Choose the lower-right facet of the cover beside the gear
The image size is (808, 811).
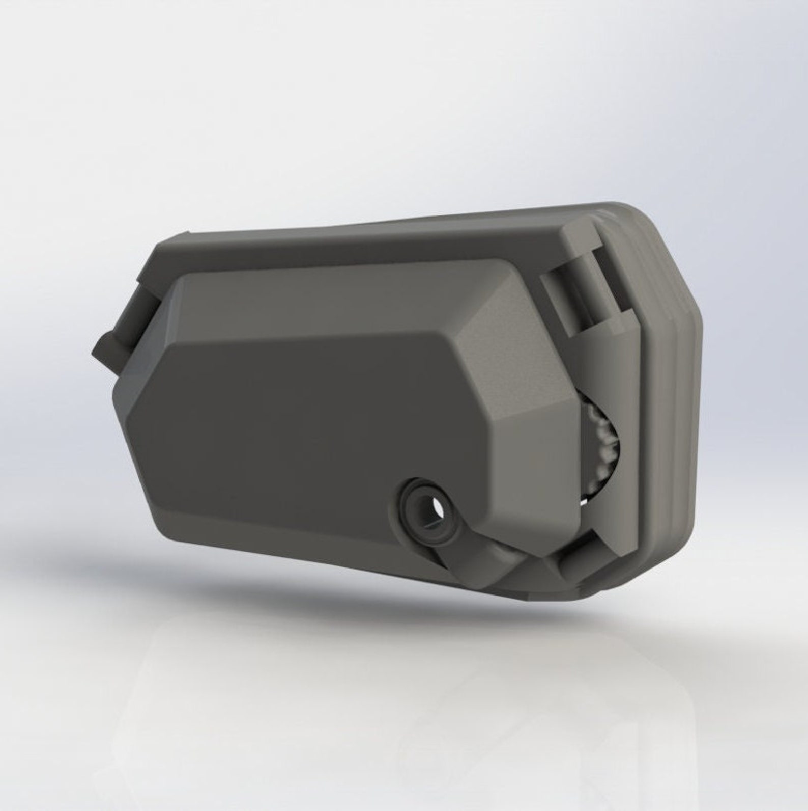point(534,458)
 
